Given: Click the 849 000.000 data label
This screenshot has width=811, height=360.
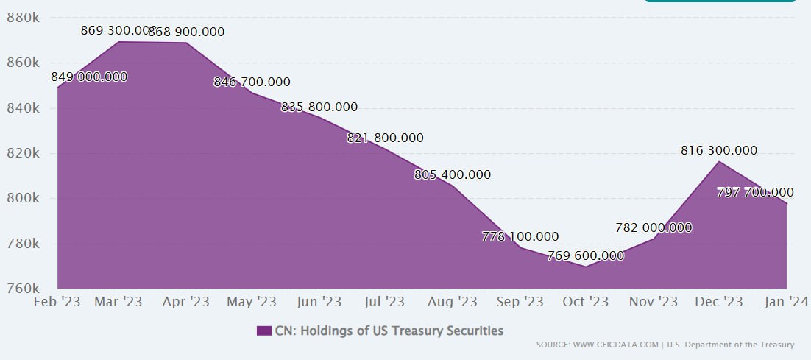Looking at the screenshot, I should pyautogui.click(x=89, y=77).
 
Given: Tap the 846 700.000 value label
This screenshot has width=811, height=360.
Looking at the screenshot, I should pyautogui.click(x=252, y=82).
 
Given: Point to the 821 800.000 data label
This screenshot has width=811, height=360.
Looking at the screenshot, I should pyautogui.click(x=385, y=138).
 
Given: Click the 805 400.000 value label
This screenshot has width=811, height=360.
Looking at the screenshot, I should pyautogui.click(x=453, y=175).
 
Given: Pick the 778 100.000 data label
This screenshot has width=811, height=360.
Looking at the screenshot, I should pyautogui.click(x=520, y=237).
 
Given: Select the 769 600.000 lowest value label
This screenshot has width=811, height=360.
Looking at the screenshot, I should pyautogui.click(x=586, y=256).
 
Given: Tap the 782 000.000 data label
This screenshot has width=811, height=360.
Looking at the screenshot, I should pyautogui.click(x=654, y=227).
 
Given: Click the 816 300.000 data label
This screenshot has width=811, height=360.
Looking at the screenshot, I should pyautogui.click(x=719, y=150).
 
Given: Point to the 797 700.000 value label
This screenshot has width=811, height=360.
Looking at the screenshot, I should pyautogui.click(x=755, y=192).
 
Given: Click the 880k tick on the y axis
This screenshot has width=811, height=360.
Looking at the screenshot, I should pyautogui.click(x=23, y=18).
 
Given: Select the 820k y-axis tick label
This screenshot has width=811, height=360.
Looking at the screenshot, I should pyautogui.click(x=23, y=153).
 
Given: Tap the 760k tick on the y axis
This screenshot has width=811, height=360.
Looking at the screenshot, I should pyautogui.click(x=23, y=289).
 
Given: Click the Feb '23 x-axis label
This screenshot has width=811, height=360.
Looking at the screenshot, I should pyautogui.click(x=57, y=302).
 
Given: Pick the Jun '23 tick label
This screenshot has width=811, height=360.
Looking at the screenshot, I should pyautogui.click(x=318, y=302).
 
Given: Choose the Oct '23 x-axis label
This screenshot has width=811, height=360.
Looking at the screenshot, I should pyautogui.click(x=586, y=302).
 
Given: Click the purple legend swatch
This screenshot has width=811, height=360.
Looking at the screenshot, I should pyautogui.click(x=264, y=331).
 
